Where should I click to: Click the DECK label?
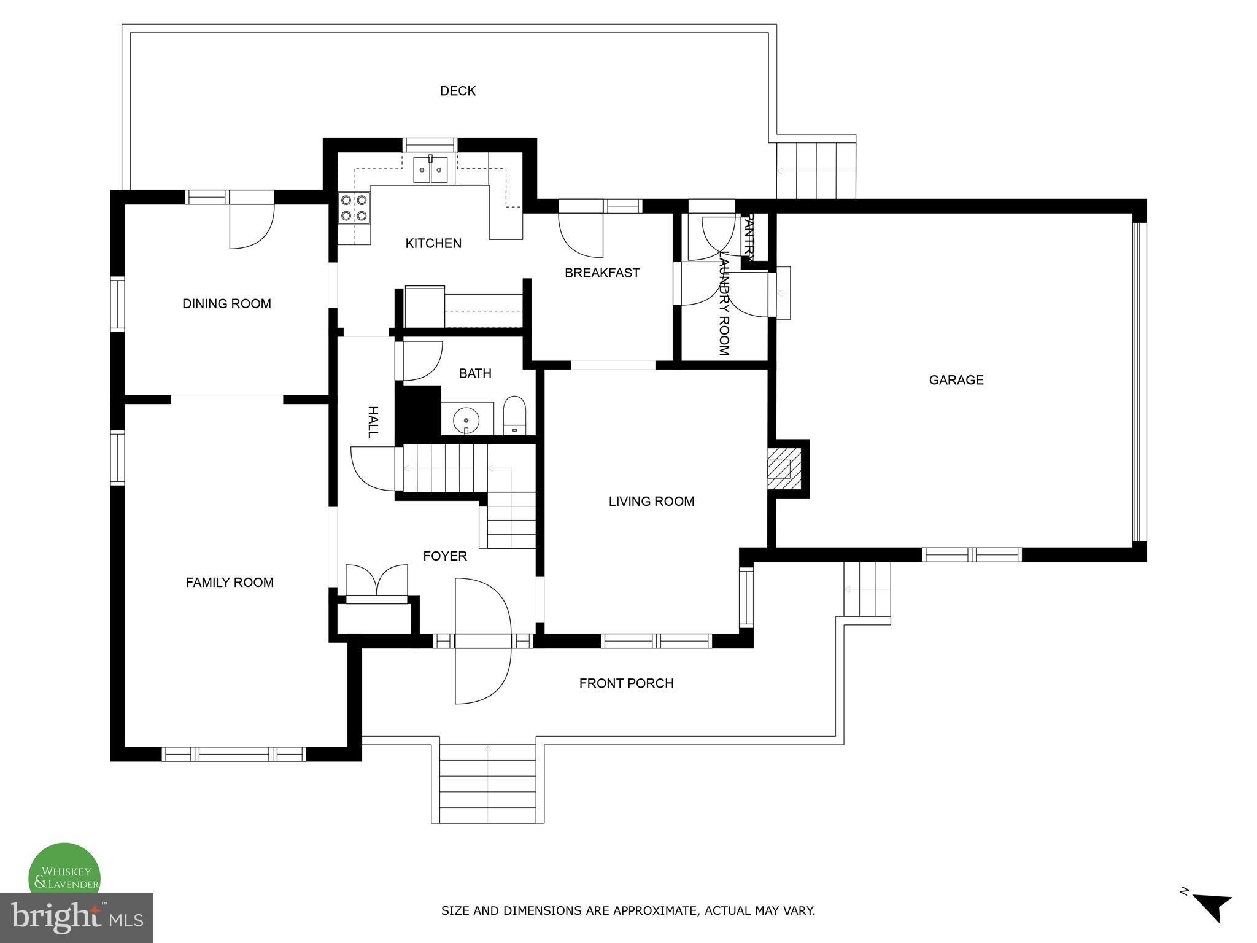tap(458, 91)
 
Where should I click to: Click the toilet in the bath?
tap(514, 416)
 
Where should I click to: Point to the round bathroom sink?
tap(466, 421)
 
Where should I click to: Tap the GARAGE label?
tap(956, 380)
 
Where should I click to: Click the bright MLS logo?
tap(76, 917)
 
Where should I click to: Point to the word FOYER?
tap(445, 556)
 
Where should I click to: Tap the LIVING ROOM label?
tap(651, 502)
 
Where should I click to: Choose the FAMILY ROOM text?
tap(230, 583)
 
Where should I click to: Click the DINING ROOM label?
tap(226, 304)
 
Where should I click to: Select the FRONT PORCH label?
tap(626, 683)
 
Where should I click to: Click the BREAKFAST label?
tap(602, 273)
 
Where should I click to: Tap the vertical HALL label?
tap(373, 422)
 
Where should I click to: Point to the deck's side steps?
tap(816, 170)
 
